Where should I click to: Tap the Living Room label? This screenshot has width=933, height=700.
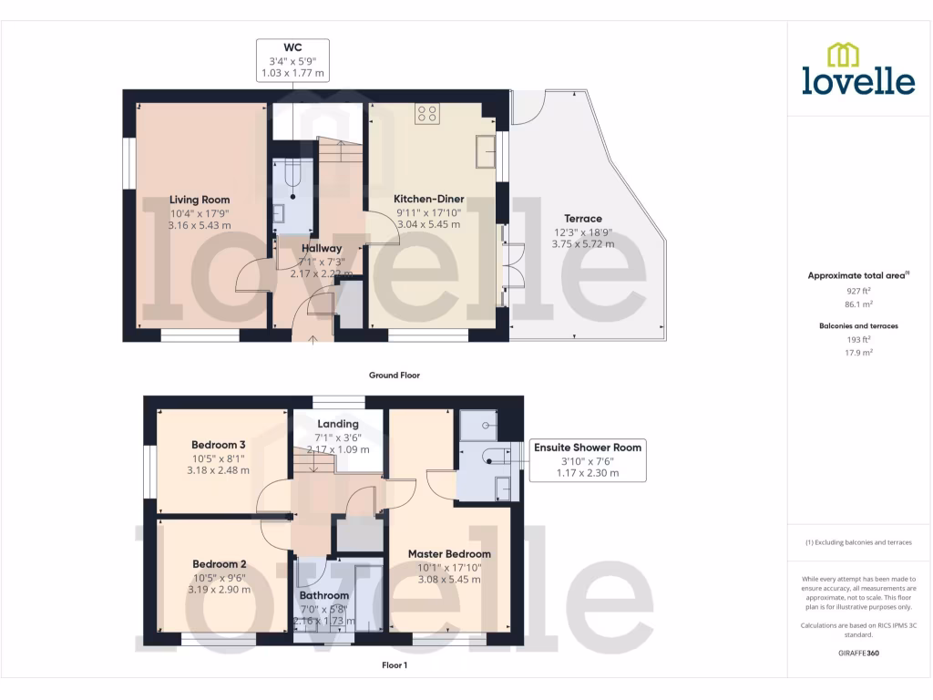[x=200, y=200]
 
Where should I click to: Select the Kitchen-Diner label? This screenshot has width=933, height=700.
[x=428, y=199]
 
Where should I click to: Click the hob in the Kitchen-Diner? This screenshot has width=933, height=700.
[x=427, y=114]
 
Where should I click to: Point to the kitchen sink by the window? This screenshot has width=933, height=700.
[x=484, y=151]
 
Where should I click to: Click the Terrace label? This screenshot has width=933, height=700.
[x=583, y=219]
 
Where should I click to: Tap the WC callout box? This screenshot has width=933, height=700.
[x=292, y=60]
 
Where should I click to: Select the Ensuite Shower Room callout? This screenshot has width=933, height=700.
[x=588, y=459]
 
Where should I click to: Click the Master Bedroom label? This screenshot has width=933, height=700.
[x=449, y=554]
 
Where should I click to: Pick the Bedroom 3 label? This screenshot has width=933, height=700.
[x=218, y=445]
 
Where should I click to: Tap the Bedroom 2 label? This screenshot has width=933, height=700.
[x=219, y=564]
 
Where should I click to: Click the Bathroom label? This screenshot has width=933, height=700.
[x=324, y=595]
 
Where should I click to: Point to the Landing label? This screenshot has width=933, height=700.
[x=338, y=424]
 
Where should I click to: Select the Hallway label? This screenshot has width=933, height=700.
[x=322, y=248]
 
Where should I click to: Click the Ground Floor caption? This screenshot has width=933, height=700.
[x=394, y=375]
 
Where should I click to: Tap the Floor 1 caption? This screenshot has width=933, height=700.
[x=394, y=665]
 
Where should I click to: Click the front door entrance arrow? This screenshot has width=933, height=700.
[x=313, y=339]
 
